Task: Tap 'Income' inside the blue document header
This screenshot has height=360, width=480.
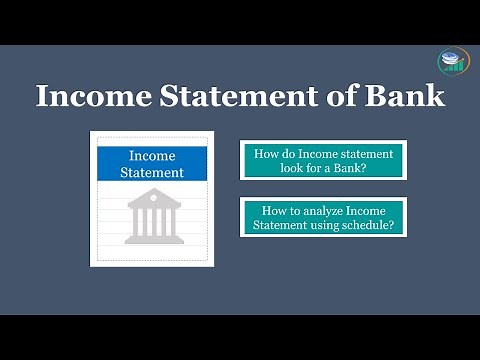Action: click(x=152, y=156)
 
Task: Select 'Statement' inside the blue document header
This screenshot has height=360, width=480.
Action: click(x=152, y=172)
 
